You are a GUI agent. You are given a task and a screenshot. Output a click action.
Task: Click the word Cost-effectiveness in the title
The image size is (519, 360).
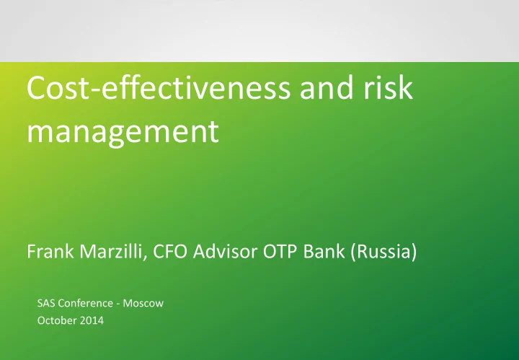(159, 87)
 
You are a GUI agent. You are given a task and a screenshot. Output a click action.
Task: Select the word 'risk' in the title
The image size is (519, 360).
(388, 87)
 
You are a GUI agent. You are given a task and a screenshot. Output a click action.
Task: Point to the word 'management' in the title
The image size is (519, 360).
(123, 133)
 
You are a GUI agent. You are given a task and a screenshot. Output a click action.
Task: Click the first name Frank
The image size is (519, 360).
(50, 251)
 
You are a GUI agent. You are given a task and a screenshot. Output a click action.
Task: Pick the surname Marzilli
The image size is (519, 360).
(110, 251)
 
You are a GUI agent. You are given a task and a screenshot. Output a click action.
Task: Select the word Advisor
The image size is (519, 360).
(225, 251)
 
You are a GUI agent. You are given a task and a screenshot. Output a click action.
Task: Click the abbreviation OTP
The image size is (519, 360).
(280, 251)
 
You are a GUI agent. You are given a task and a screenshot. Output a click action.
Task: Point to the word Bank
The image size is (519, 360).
(324, 251)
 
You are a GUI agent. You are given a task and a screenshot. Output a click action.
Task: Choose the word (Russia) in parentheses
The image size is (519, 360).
(383, 252)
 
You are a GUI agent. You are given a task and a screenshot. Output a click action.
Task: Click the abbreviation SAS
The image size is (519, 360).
(45, 303)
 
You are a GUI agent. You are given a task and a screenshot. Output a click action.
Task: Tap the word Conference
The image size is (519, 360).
(84, 303)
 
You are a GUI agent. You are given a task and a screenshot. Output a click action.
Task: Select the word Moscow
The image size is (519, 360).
(143, 303)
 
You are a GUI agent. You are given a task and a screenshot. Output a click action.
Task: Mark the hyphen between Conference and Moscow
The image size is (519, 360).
(118, 304)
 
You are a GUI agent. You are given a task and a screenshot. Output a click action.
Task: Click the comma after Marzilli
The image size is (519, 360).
(145, 258)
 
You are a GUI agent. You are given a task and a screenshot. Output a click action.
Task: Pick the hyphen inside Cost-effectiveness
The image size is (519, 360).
(96, 90)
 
